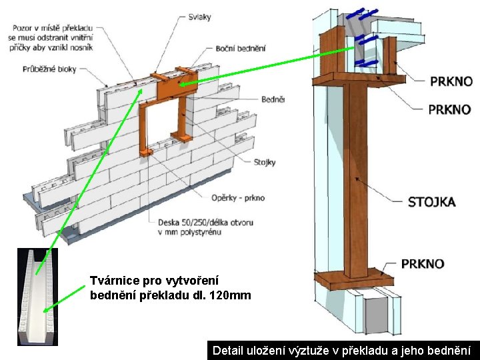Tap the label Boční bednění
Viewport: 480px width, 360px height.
pos(241,48)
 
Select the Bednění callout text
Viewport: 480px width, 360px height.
pos(273,99)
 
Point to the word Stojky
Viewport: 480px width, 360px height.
pos(264,162)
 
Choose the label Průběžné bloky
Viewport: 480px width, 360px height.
pos(49,69)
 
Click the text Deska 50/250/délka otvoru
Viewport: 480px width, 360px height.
pos(200,222)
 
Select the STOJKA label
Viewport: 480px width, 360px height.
pos(431,201)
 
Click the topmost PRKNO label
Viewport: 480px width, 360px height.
pos(451,82)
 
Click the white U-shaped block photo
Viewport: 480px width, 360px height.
pos(37,296)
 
